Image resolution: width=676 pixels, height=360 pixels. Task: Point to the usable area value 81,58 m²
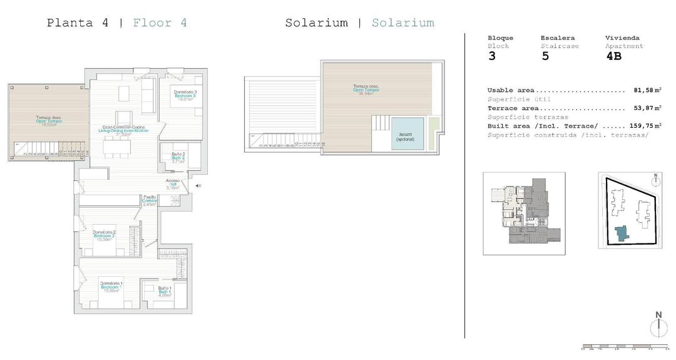pos(643,90)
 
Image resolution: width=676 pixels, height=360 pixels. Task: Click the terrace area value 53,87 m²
pos(643,108)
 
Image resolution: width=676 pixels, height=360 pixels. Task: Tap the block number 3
pos(491,56)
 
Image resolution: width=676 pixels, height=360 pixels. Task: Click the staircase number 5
pos(545,56)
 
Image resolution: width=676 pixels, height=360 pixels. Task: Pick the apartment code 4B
pos(613,56)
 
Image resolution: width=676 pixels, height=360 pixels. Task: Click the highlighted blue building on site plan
pos(622,234)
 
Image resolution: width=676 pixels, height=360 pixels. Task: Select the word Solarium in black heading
pos(316,23)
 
